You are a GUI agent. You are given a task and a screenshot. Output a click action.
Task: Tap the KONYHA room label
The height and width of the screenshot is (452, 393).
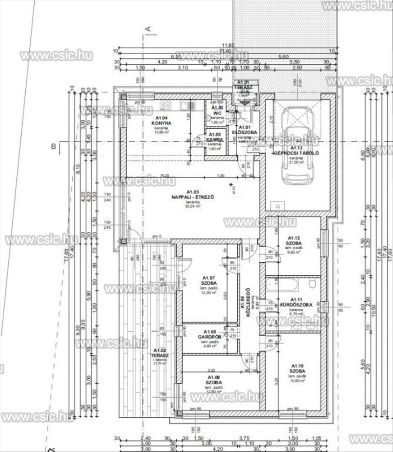161,123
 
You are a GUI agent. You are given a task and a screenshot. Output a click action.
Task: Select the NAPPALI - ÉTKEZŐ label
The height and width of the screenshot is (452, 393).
192,197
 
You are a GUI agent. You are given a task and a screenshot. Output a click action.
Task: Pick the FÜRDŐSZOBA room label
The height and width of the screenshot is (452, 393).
296,305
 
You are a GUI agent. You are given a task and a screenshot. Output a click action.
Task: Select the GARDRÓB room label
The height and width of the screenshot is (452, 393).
208,337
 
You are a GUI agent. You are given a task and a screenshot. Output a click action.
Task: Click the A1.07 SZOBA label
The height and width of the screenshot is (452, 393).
208,282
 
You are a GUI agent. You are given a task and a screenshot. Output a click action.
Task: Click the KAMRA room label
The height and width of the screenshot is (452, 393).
215,140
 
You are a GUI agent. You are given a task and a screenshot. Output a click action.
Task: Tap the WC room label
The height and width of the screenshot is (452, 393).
217,113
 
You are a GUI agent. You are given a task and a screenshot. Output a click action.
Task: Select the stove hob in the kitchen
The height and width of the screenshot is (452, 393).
165,105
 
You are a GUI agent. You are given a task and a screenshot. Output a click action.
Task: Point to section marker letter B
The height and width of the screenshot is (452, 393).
53,146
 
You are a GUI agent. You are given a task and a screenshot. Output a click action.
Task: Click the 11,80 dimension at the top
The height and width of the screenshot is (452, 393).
228,45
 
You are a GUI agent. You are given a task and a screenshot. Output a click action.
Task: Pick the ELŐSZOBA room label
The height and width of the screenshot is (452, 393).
245,132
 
